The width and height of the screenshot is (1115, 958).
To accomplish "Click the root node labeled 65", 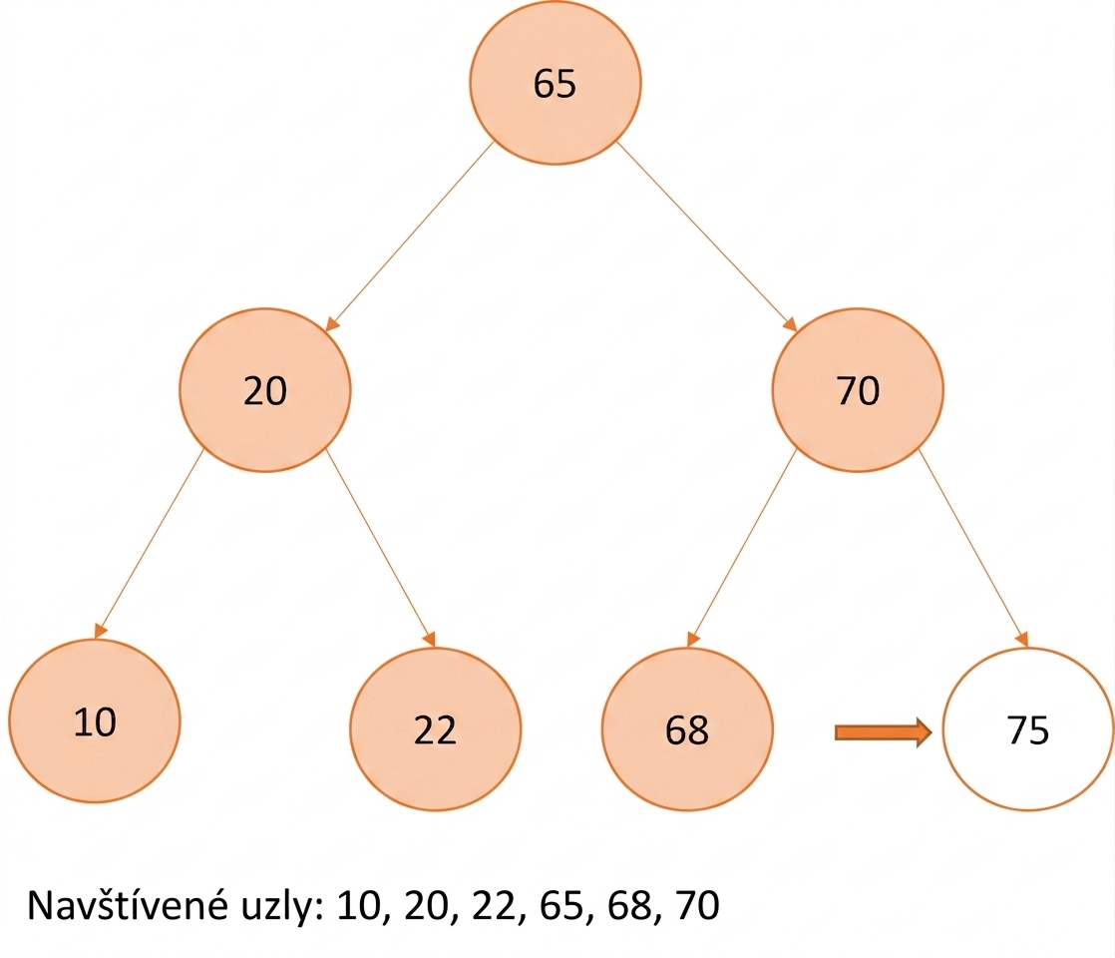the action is tap(555, 83).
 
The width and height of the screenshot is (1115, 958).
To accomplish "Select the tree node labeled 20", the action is tap(264, 390).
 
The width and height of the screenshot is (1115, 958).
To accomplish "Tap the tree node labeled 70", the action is tap(858, 390).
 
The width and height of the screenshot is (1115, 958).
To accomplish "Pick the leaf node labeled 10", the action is tap(95, 720).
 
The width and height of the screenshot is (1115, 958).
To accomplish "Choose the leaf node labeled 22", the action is tap(435, 728).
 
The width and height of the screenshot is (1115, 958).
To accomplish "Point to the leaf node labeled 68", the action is tap(687, 728).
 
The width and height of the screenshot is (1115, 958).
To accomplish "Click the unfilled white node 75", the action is tap(1028, 728).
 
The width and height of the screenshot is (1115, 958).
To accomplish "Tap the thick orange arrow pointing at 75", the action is tap(883, 732).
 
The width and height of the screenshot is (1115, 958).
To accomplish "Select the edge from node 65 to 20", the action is tap(409, 237).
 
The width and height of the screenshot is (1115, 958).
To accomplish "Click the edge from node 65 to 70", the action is tap(707, 237).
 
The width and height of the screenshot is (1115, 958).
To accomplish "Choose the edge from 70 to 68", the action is tap(742, 548).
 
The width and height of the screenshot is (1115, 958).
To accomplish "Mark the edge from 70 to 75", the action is tap(973, 548).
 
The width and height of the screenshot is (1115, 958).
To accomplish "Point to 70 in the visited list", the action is tap(697, 905).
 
